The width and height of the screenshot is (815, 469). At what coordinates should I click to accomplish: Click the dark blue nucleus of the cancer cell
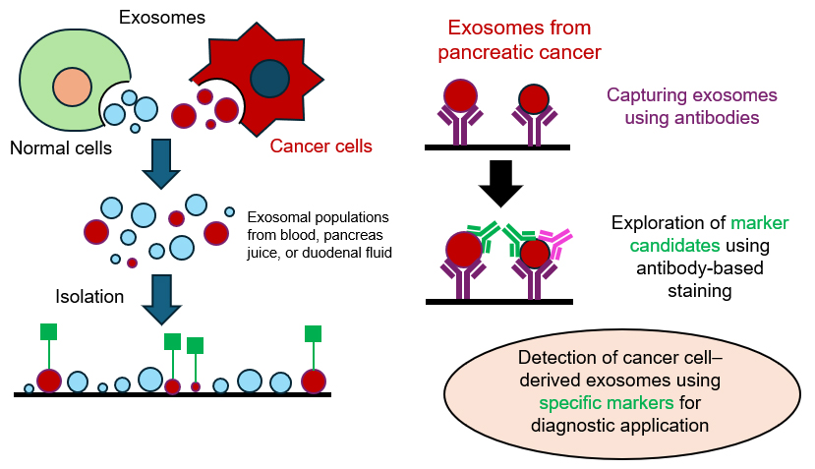[x=267, y=79]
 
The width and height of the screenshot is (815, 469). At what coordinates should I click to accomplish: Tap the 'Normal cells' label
[x=61, y=148]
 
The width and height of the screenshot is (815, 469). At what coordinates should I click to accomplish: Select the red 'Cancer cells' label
[x=321, y=147]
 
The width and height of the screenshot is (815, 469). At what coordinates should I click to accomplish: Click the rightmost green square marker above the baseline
[x=314, y=332]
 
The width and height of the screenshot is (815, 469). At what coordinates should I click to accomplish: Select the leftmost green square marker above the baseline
[x=48, y=331]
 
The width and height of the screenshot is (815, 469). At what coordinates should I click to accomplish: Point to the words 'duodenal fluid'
[x=348, y=254]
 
